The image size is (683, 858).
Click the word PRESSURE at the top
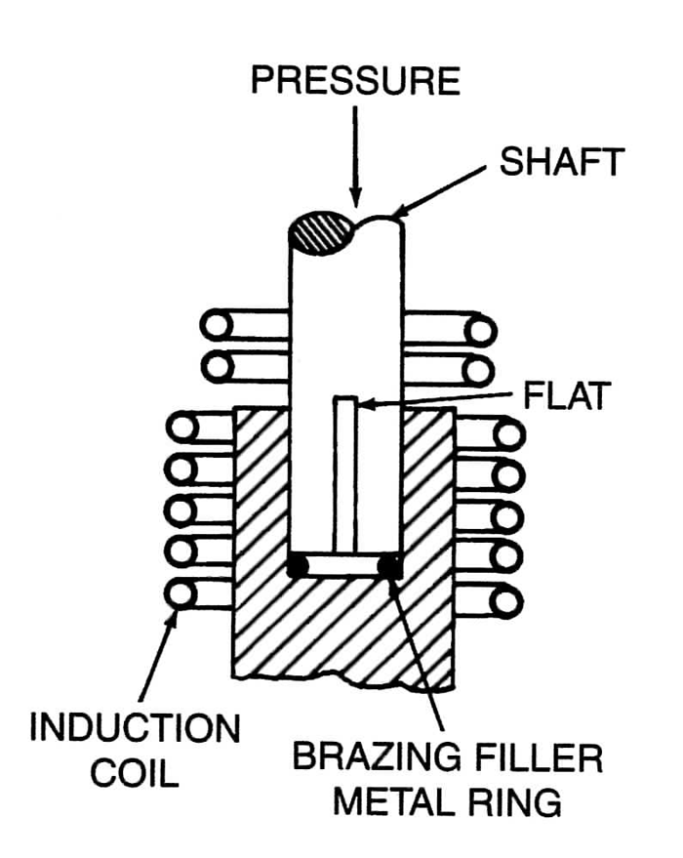click(x=354, y=80)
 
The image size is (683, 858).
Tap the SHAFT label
click(x=561, y=162)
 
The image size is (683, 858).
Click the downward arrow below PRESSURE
click(x=354, y=156)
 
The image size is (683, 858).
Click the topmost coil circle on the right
click(x=478, y=329)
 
